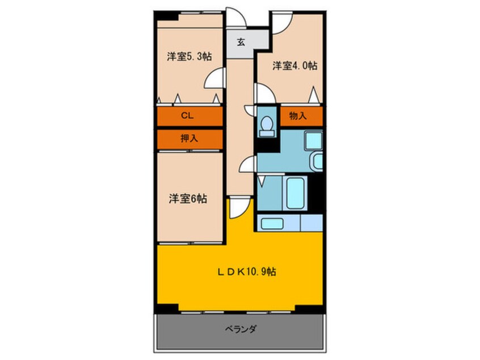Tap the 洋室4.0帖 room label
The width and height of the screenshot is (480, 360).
coord(294,66)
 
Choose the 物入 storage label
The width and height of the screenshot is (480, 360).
coord(298,116)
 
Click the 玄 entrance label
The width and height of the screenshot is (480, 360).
coord(241,41)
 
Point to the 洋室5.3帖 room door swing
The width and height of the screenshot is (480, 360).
coord(214,79)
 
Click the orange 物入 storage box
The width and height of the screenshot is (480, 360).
coord(301,116)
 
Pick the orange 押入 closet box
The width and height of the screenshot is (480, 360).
coord(190,138)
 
